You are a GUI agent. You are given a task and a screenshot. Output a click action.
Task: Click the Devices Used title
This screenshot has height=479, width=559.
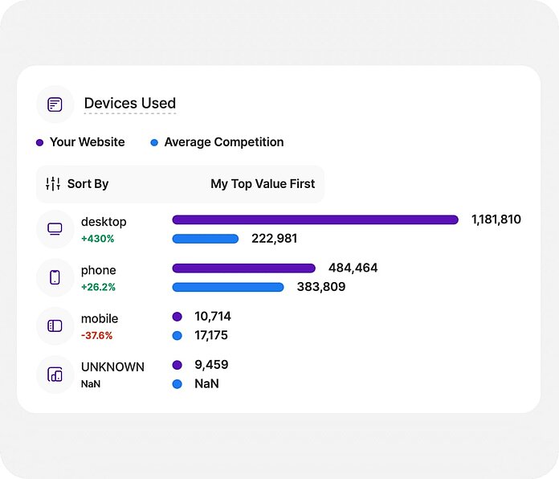point(129,104)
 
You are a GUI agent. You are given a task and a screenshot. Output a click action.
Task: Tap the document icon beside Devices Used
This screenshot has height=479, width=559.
point(55,104)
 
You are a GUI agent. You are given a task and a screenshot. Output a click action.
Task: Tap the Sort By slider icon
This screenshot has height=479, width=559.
point(53,184)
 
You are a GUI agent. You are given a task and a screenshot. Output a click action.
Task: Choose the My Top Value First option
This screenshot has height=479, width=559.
point(263,184)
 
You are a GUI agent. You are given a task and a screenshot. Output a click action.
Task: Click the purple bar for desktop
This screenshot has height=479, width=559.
point(315,219)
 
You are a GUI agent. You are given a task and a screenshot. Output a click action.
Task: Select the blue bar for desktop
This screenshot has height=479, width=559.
point(206,239)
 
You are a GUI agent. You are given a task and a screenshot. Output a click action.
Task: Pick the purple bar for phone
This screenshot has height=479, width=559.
point(243,268)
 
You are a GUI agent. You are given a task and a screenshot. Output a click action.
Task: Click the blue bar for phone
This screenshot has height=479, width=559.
point(228,287)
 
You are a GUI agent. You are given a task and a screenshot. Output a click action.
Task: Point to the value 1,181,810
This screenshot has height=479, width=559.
point(496,219)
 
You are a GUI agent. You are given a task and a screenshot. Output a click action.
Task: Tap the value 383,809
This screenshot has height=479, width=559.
point(320,287)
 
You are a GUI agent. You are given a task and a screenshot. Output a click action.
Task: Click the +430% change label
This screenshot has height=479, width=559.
point(98,239)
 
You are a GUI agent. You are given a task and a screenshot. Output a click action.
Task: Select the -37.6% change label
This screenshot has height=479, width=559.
point(97,335)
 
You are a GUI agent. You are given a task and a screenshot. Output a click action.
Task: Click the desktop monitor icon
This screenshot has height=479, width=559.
point(55,229)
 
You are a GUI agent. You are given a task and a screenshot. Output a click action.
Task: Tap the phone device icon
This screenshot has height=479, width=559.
point(55,277)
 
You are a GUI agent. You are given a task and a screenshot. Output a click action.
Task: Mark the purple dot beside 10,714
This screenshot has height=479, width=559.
point(177,317)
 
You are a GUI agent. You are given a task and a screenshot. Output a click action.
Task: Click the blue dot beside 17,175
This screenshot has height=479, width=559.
point(177,335)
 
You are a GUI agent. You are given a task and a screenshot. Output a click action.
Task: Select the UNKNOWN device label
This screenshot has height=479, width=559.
point(112,366)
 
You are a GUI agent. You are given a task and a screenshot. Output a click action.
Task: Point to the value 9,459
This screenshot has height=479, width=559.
point(211,365)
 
